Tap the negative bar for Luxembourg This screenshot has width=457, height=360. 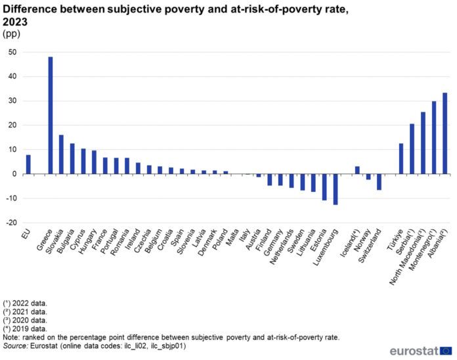pyautogui.click(x=335, y=189)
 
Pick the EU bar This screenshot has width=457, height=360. pyautogui.click(x=28, y=164)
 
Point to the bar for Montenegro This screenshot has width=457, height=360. pyautogui.click(x=434, y=137)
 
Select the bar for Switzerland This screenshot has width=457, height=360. pyautogui.click(x=379, y=182)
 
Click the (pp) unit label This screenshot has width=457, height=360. pyautogui.click(x=13, y=34)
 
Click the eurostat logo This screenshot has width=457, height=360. pyautogui.click(x=420, y=351)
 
